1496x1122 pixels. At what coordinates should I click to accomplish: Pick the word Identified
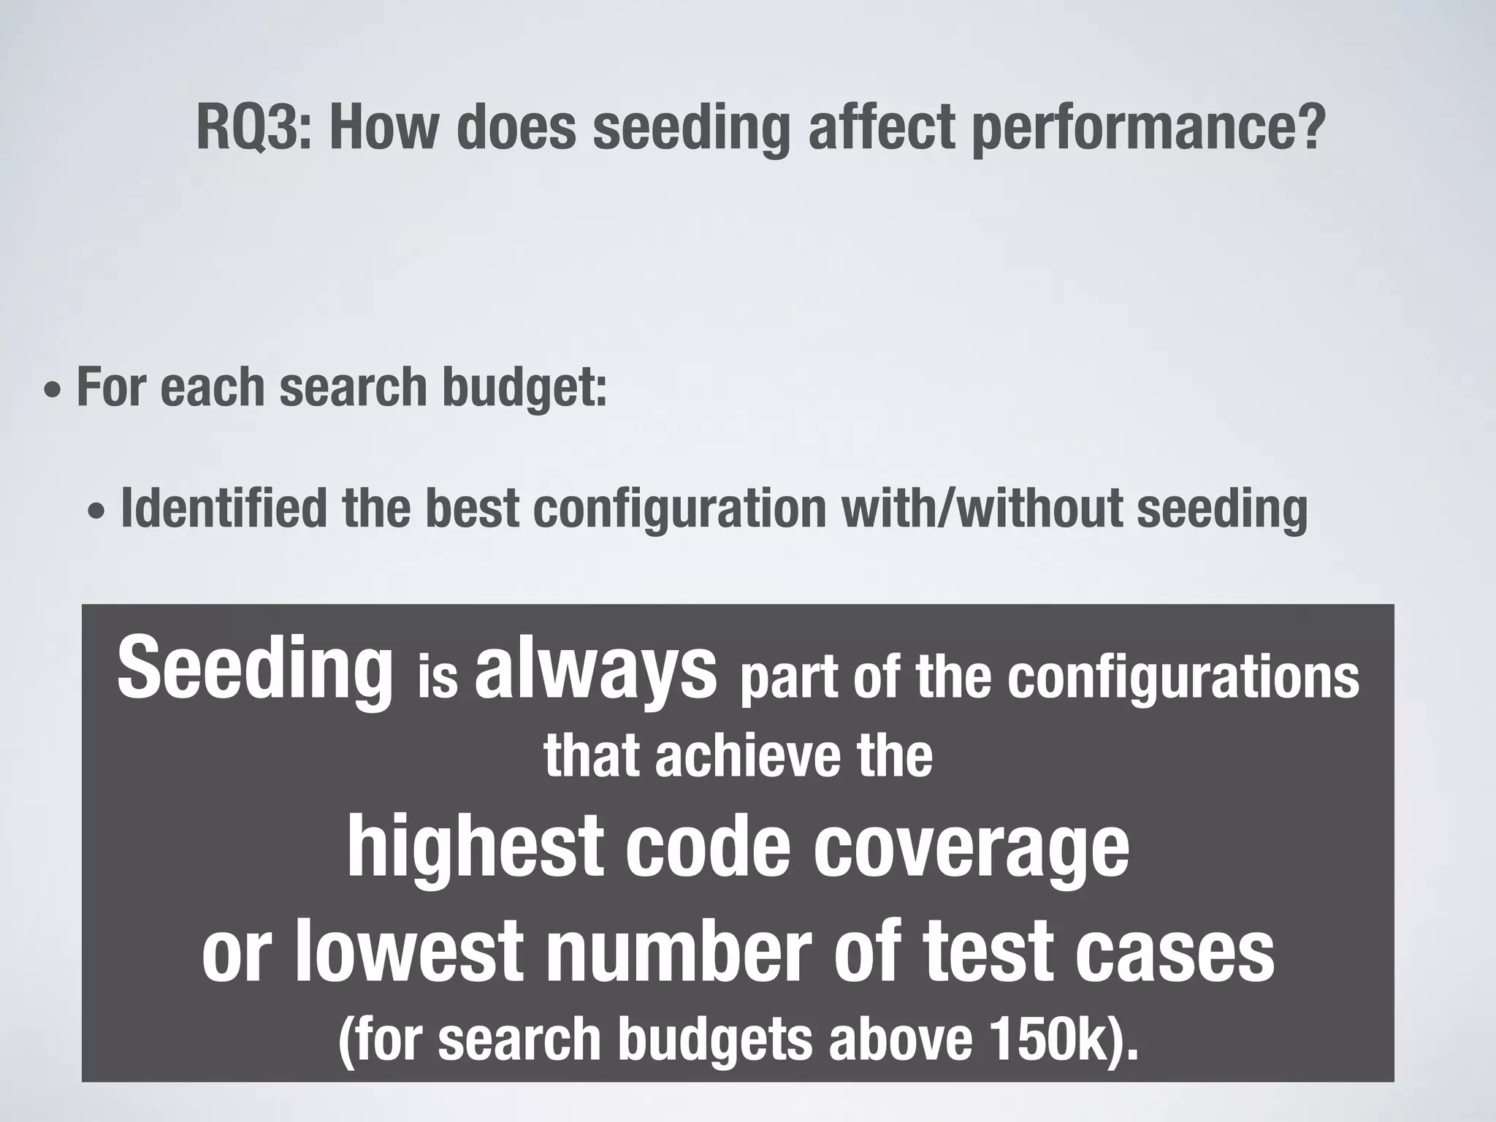coord(224,508)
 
